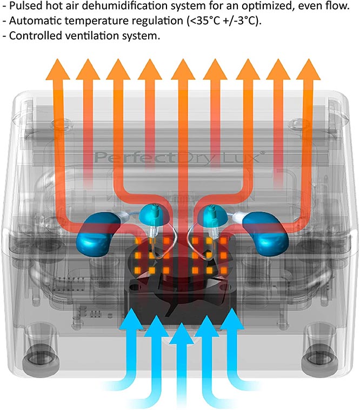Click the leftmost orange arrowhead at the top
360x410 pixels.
[x=57, y=70]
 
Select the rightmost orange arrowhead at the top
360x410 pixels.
[x=309, y=70]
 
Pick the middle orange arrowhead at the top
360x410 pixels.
[x=183, y=70]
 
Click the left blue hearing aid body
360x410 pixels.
[x=97, y=233]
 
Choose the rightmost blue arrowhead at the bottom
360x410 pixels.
[x=231, y=317]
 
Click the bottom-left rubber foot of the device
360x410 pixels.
[x=41, y=360]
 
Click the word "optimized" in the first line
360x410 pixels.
[x=266, y=6]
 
